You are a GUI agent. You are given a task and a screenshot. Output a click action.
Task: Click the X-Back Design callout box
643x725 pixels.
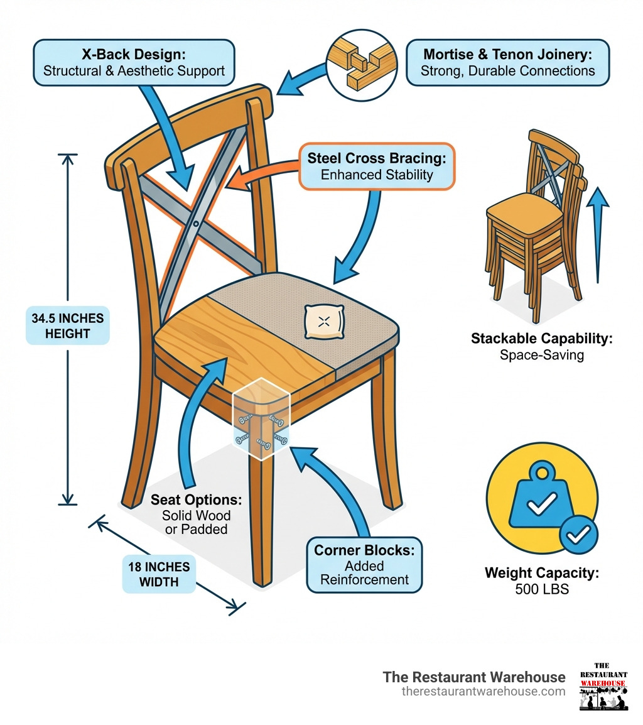point(134,62)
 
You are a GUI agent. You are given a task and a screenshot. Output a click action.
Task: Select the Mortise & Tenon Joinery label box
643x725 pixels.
point(507,62)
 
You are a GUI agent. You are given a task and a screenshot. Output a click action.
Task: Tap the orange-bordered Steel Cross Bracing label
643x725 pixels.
point(377,166)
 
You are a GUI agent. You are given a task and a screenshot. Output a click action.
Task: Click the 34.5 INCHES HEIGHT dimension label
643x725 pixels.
point(68,325)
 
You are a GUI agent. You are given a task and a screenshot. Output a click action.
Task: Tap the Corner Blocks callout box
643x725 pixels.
point(364,565)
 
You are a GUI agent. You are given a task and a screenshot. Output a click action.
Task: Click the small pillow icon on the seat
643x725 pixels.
point(323,322)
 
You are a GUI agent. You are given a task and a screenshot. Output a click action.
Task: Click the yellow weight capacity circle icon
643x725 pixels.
point(541,499)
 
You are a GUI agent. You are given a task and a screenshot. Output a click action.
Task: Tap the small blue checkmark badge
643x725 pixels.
point(578,535)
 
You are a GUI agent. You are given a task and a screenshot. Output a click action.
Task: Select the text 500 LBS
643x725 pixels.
point(541,589)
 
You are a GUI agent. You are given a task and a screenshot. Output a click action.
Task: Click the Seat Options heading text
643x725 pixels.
point(196,501)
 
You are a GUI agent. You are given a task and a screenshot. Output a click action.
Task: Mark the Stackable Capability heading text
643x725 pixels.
point(541,339)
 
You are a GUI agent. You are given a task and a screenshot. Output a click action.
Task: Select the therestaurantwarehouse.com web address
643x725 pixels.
point(483,692)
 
